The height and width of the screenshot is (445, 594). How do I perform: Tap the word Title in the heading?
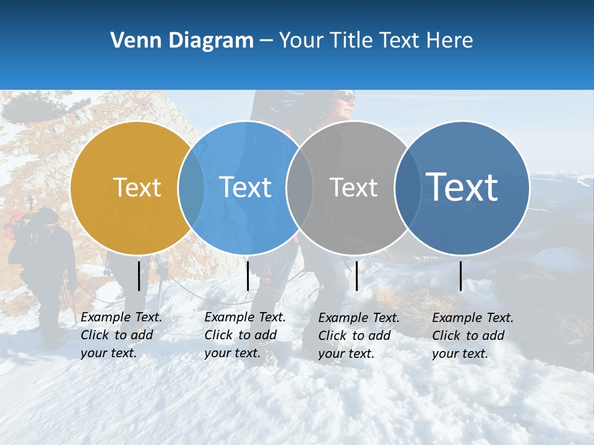[x=352, y=40]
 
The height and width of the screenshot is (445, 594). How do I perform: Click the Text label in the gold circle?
[x=137, y=187]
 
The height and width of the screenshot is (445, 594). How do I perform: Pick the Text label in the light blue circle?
[x=246, y=187]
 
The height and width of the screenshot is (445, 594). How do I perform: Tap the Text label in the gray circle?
[x=353, y=187]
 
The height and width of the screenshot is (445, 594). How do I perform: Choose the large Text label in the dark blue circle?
[x=462, y=187]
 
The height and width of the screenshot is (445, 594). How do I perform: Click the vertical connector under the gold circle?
[x=139, y=276]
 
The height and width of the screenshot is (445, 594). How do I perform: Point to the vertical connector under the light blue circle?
[x=247, y=276]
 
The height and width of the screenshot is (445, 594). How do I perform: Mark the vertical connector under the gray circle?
[x=356, y=276]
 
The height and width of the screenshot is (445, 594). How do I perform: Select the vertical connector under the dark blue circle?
[x=461, y=276]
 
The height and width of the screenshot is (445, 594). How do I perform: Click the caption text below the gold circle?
[x=121, y=335]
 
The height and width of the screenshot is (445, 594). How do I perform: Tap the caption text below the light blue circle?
[x=245, y=335]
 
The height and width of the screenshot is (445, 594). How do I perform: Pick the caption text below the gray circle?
[x=359, y=336]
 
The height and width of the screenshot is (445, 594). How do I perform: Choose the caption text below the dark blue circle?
[x=473, y=336]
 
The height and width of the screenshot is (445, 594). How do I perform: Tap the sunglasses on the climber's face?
[x=346, y=97]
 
